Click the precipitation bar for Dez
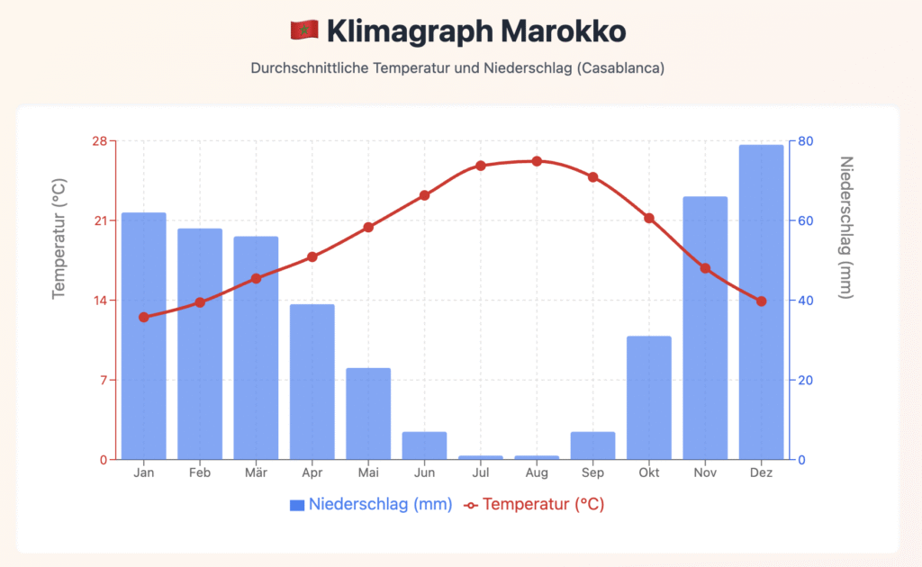click(x=761, y=301)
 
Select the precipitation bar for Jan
click(x=143, y=336)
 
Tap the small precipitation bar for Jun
click(x=424, y=445)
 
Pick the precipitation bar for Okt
click(x=648, y=397)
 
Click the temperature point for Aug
click(x=537, y=161)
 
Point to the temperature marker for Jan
click(x=143, y=317)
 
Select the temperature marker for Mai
click(x=368, y=227)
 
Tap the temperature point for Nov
click(x=705, y=268)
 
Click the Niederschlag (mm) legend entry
click(x=370, y=504)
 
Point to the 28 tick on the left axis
click(x=99, y=141)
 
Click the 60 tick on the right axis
click(x=805, y=220)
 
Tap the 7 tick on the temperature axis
click(x=103, y=380)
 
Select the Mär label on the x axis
click(x=256, y=473)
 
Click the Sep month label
click(x=592, y=473)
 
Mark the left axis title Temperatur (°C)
click(x=59, y=238)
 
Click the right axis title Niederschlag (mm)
click(x=845, y=227)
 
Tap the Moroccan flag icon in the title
click(x=304, y=31)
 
